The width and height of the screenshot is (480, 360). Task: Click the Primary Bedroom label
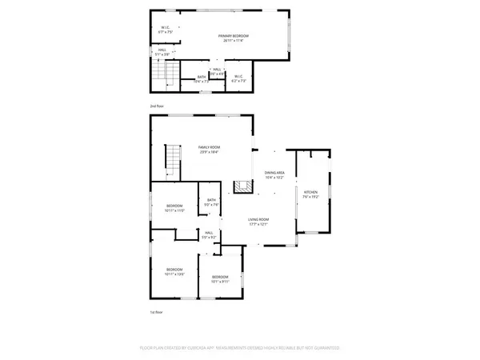[234, 38]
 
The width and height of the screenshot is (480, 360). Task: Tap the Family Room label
[210, 150]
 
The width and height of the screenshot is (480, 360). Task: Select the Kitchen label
[310, 194]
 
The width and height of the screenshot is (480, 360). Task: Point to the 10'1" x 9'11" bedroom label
[221, 279]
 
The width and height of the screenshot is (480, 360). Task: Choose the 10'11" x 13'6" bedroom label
[174, 272]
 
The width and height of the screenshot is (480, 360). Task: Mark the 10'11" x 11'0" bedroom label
[175, 209]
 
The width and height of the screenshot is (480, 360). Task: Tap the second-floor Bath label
[202, 79]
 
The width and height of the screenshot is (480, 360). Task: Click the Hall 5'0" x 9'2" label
[208, 235]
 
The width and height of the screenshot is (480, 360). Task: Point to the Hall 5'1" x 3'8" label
[162, 53]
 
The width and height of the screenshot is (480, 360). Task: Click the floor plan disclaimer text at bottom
[240, 348]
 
